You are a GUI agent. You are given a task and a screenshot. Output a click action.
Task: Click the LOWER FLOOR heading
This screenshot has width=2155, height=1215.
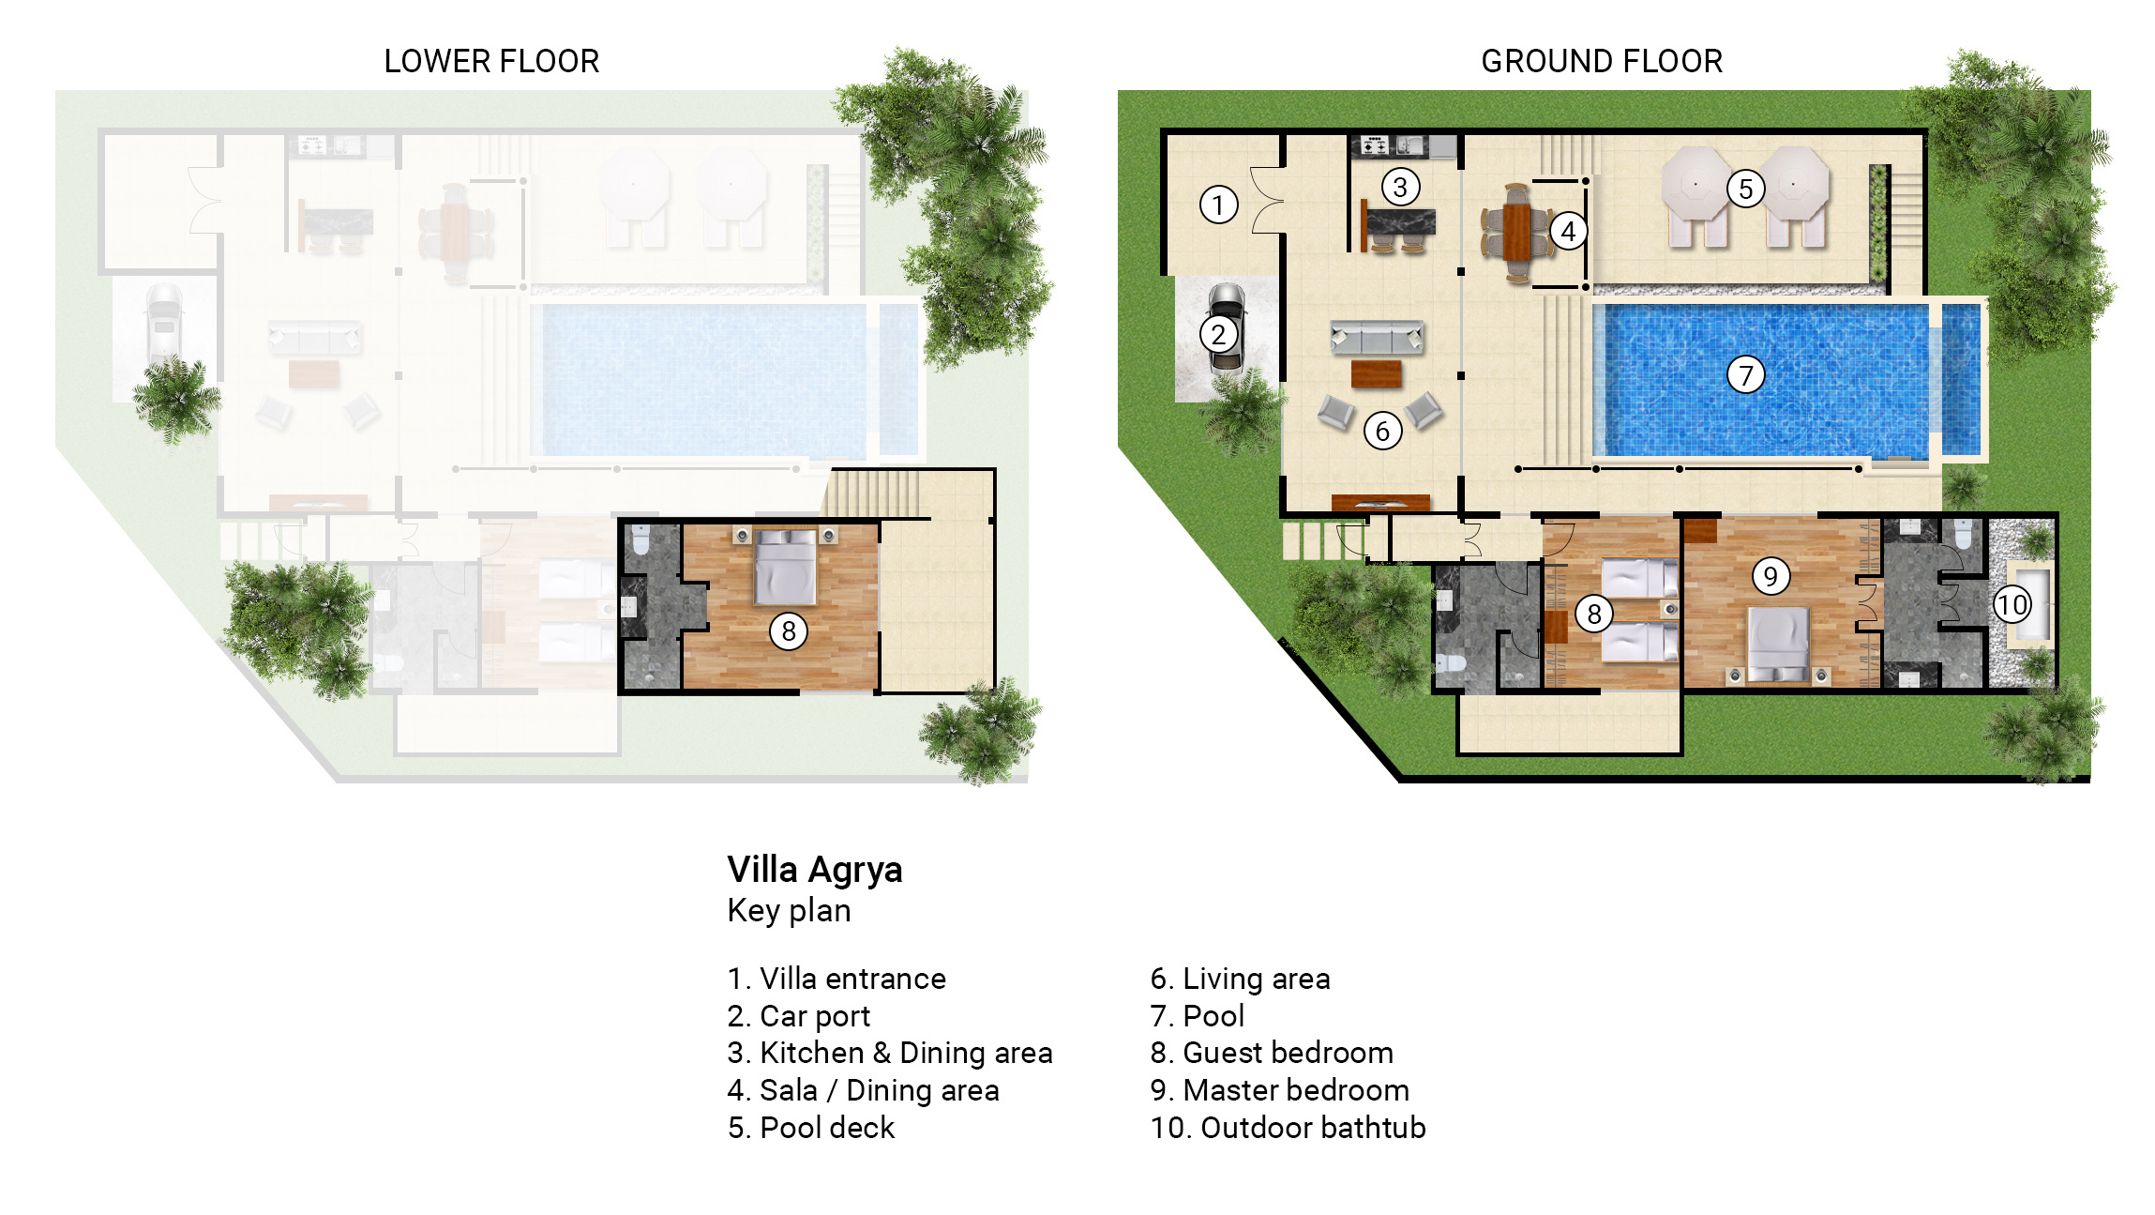pyautogui.click(x=491, y=61)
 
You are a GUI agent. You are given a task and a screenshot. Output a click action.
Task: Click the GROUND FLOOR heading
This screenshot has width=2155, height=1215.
pyautogui.click(x=1602, y=61)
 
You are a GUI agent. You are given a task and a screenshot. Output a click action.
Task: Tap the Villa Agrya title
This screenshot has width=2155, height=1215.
pyautogui.click(x=815, y=870)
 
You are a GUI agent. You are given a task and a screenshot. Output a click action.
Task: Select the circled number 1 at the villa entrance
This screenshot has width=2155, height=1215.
pyautogui.click(x=1218, y=205)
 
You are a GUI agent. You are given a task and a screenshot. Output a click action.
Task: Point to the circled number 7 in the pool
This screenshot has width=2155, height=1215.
pyautogui.click(x=1745, y=375)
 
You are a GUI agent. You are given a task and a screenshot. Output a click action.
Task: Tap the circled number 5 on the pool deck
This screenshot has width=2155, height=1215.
pyautogui.click(x=1745, y=189)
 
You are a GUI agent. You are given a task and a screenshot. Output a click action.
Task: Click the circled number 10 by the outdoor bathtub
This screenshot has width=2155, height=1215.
pyautogui.click(x=2012, y=604)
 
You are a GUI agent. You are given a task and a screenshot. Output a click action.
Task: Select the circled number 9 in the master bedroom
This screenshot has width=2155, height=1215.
pyautogui.click(x=1771, y=576)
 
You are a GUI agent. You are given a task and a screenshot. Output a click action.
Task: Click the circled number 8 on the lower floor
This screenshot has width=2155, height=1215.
pyautogui.click(x=789, y=631)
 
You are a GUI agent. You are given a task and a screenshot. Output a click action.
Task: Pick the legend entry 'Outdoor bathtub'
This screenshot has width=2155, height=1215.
pyautogui.click(x=1288, y=1128)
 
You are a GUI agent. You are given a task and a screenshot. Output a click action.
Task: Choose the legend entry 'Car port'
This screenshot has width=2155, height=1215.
pyautogui.click(x=799, y=1016)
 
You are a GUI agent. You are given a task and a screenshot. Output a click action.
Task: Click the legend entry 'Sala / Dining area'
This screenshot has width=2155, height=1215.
pyautogui.click(x=864, y=1090)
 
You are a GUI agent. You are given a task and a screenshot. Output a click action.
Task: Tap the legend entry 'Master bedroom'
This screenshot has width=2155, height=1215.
pyautogui.click(x=1280, y=1090)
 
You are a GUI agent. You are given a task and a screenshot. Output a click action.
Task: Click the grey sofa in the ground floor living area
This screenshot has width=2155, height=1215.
pyautogui.click(x=1377, y=337)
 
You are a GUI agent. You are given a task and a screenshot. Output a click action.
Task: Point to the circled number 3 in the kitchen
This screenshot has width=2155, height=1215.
pyautogui.click(x=1400, y=187)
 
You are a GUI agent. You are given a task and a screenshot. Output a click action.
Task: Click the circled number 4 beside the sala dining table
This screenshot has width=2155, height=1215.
pyautogui.click(x=1568, y=231)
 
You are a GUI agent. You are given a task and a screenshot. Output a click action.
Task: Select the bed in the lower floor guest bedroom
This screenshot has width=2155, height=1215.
pyautogui.click(x=786, y=565)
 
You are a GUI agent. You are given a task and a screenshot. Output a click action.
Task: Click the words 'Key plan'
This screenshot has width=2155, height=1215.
pyautogui.click(x=789, y=911)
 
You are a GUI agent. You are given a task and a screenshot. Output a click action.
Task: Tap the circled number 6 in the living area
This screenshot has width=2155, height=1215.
pyautogui.click(x=1382, y=431)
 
